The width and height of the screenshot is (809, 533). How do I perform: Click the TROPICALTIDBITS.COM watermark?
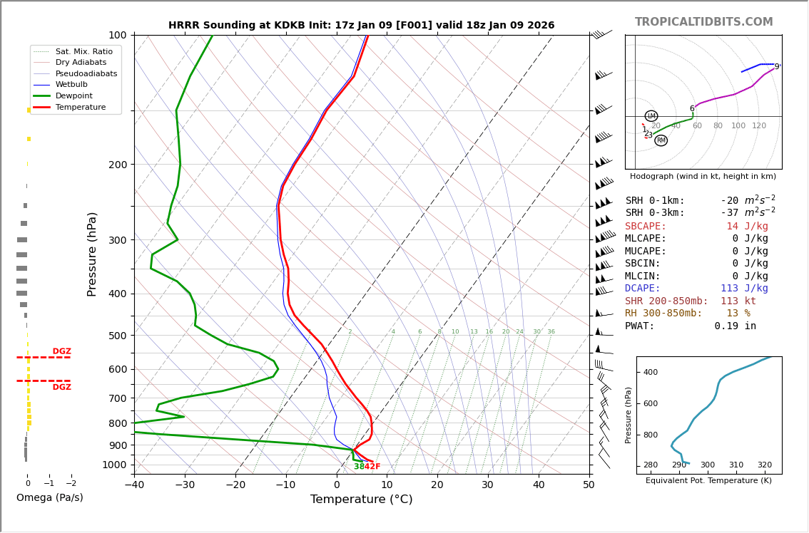point(703,22)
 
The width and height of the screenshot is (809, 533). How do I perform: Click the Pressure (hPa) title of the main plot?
point(92,254)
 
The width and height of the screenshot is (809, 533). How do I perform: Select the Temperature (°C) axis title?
point(361,500)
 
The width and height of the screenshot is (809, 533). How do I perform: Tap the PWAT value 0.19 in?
point(735,326)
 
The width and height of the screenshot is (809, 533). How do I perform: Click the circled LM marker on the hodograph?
point(651,116)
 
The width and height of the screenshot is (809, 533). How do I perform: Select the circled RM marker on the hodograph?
point(661,140)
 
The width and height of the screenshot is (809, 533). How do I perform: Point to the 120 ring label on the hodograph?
point(758,126)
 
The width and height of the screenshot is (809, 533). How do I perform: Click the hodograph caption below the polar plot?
point(703,176)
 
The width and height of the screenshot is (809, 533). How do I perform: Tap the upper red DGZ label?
point(62,351)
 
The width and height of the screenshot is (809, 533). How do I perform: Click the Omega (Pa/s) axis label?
point(49,497)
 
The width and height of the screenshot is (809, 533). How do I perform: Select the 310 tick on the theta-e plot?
point(736,465)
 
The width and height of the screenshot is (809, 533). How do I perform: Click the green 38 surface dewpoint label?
point(359,467)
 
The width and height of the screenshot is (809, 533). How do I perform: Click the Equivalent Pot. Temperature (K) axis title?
point(708,481)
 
